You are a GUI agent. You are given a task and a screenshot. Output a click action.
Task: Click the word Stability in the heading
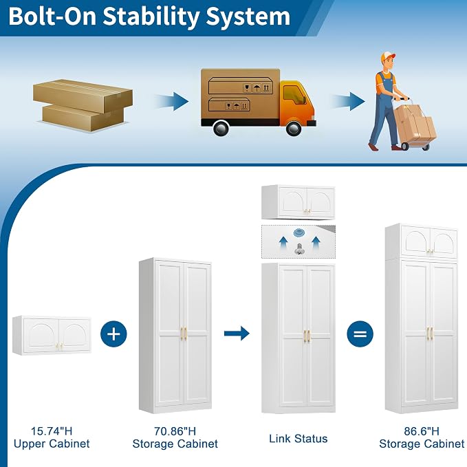click(151, 17)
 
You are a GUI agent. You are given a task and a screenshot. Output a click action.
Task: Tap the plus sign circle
click(113, 334)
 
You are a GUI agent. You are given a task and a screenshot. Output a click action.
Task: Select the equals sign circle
click(360, 334)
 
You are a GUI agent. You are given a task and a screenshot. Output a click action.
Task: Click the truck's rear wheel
click(221, 129)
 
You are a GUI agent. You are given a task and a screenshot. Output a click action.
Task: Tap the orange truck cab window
click(294, 94)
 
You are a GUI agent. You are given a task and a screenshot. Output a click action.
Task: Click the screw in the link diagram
click(299, 249)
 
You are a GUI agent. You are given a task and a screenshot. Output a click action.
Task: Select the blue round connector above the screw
click(298, 233)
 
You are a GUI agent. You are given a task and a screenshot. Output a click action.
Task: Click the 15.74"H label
click(52, 431)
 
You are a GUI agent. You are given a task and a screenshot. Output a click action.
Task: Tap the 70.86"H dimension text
click(175, 431)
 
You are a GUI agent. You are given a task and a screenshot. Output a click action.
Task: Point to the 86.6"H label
click(422, 431)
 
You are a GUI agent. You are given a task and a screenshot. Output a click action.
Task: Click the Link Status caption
click(298, 439)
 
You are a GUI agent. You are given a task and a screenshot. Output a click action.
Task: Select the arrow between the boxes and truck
click(171, 101)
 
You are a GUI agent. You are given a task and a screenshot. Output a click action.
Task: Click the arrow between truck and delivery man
click(348, 101)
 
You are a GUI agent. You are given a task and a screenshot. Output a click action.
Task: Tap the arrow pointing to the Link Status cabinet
click(237, 334)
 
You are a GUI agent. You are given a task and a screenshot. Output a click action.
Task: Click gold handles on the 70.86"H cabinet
click(184, 334)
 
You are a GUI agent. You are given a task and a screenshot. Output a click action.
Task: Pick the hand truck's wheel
click(405, 146)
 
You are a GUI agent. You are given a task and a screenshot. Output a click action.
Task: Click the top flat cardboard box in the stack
click(83, 96)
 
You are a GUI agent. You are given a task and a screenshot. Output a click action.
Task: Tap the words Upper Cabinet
click(52, 444)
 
